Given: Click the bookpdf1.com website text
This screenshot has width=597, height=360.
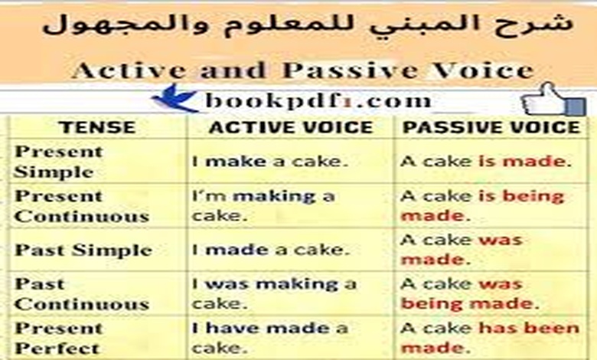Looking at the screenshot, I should pyautogui.click(x=318, y=100).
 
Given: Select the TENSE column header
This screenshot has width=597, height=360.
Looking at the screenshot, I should pyautogui.click(x=97, y=127).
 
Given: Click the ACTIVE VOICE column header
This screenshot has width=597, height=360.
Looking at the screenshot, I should pyautogui.click(x=291, y=127).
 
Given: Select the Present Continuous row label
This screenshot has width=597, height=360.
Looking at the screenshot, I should pyautogui.click(x=81, y=205).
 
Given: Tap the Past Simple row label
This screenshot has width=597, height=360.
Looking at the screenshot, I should pyautogui.click(x=83, y=250).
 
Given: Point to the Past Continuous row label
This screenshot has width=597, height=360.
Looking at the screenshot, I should pyautogui.click(x=81, y=294).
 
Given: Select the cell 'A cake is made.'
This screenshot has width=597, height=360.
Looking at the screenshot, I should pyautogui.click(x=485, y=162).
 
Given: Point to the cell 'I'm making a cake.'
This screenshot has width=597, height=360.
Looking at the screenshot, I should pyautogui.click(x=263, y=205).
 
